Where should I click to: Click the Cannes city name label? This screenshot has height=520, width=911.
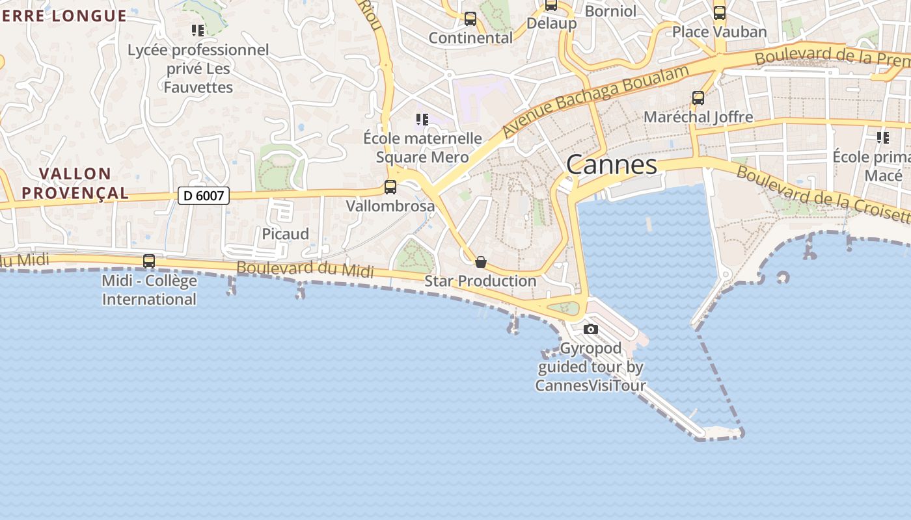611,164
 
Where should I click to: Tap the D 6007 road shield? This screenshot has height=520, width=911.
204,195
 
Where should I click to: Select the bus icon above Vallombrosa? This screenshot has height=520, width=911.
390,187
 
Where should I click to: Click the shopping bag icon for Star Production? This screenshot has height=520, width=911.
481,262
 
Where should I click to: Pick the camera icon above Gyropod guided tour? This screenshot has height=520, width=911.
591,330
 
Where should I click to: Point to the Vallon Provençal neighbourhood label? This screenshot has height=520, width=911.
75,183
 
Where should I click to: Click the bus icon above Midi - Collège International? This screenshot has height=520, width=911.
149,261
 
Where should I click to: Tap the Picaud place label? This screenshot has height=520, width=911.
285,234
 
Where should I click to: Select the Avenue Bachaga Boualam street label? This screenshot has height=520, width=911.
595,101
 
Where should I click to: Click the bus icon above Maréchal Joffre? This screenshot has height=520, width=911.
698,98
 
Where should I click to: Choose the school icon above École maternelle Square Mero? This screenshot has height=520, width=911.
422,120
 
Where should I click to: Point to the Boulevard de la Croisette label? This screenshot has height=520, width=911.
823,194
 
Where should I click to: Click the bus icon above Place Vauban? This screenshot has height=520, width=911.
720,13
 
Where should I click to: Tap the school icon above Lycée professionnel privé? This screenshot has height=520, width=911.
198,30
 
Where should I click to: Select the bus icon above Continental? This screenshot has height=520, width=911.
470,19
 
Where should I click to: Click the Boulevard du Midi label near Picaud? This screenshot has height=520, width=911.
305,269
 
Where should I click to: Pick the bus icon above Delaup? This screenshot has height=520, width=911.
551,5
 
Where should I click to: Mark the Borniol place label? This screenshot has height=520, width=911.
610,11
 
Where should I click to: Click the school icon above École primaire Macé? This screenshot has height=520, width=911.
883,138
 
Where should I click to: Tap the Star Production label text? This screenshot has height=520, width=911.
480,281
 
